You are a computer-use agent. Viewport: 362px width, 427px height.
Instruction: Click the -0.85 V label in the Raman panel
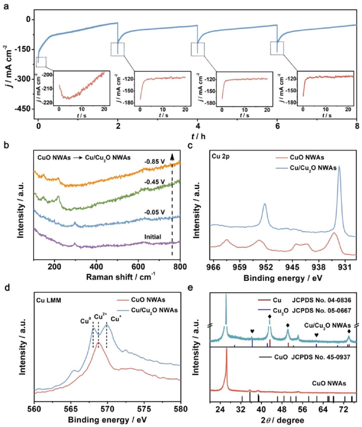[x=155, y=162]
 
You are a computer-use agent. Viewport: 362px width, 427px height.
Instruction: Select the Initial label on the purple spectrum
[x=153, y=237]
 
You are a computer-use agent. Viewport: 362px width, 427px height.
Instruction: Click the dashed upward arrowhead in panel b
[x=172, y=156]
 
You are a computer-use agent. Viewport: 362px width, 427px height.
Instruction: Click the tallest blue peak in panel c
[x=339, y=166]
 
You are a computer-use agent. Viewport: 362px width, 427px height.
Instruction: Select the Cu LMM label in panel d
[x=49, y=300]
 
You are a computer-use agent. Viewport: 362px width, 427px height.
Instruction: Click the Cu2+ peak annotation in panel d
[x=100, y=317]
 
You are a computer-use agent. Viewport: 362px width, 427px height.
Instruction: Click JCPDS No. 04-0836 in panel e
[x=321, y=300]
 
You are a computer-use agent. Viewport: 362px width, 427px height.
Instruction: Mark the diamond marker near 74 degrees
[x=349, y=331]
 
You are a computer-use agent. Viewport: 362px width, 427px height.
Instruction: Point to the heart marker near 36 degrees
[x=252, y=331]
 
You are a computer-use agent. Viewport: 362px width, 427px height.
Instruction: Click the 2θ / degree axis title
[x=282, y=420]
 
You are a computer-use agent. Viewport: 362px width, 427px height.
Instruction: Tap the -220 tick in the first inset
[x=48, y=102]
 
